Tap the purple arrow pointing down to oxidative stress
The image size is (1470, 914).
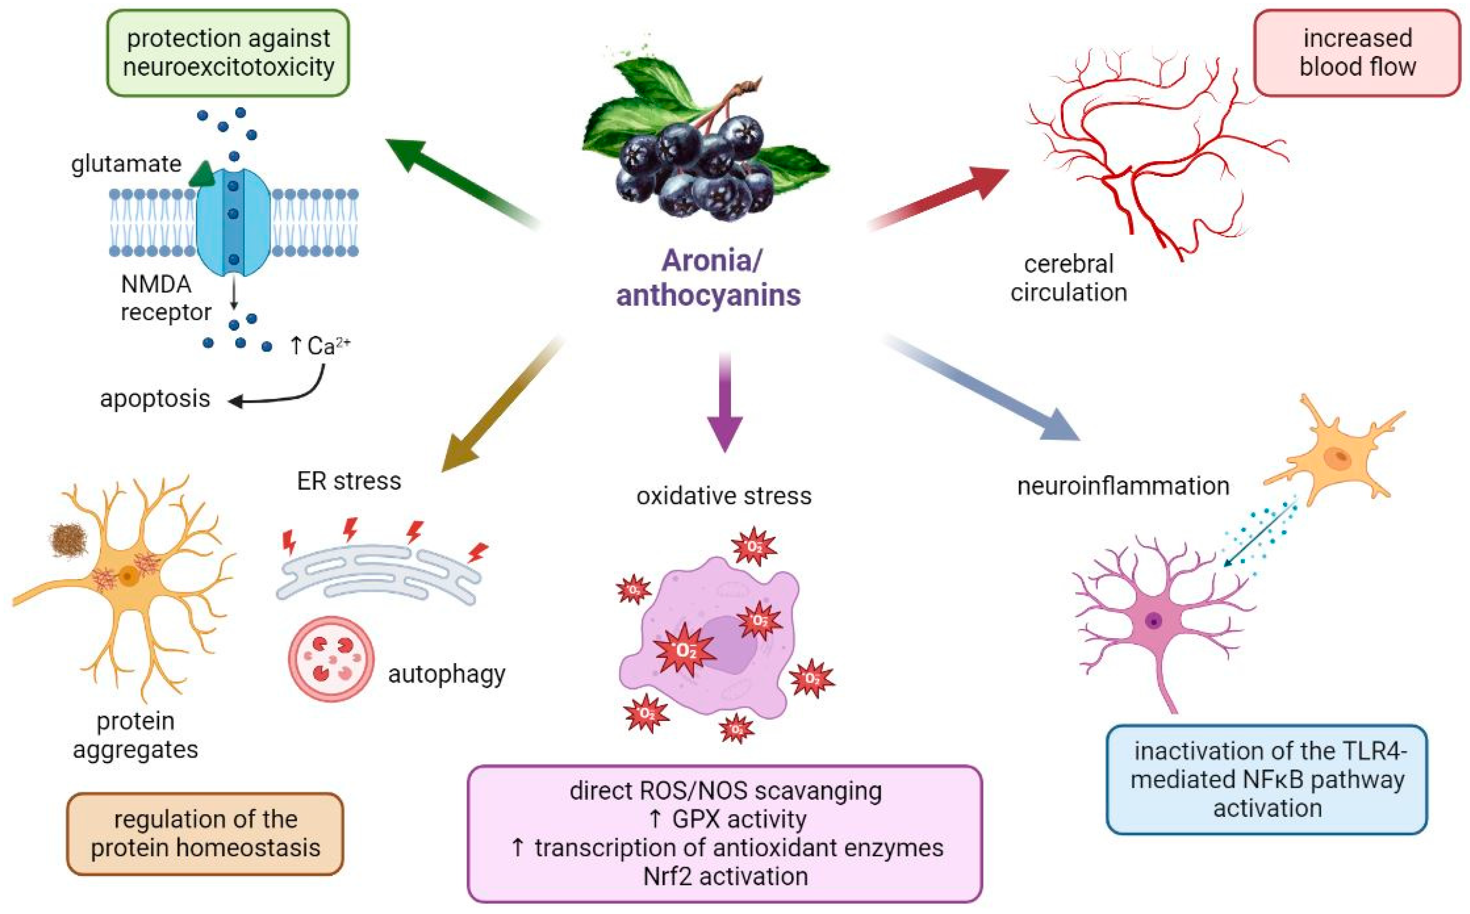[x=725, y=405]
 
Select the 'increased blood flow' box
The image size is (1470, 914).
[x=1357, y=52]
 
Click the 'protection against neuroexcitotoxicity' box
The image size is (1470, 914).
[x=228, y=52]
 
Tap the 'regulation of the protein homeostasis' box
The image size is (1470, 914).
[x=205, y=833]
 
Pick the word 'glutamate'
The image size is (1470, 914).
[x=126, y=164]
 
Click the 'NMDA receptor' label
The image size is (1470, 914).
[x=164, y=298]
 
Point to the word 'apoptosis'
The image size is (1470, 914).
[x=155, y=399]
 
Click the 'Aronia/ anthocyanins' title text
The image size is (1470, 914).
[x=709, y=278]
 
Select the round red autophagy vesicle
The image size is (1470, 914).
[x=331, y=659]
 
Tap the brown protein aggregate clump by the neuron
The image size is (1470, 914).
[x=67, y=540]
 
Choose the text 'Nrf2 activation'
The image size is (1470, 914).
[x=725, y=876]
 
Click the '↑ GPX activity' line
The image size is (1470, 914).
[x=725, y=819]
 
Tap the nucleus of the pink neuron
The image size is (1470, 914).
[x=1154, y=621]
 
